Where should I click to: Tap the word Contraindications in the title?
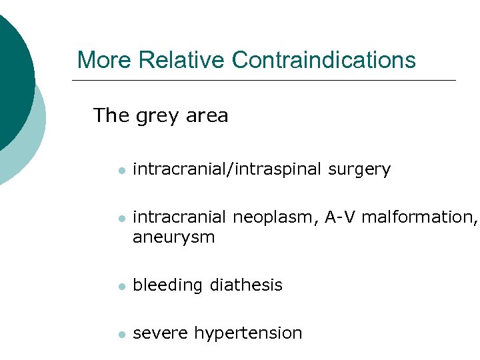click(x=324, y=60)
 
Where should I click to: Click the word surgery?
click(x=359, y=170)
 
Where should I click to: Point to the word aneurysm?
click(x=173, y=237)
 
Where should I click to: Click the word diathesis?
click(x=246, y=285)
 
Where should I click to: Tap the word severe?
click(x=161, y=333)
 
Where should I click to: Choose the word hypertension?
click(x=248, y=333)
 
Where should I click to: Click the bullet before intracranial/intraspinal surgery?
click(x=121, y=171)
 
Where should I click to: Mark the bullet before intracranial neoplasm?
click(x=121, y=218)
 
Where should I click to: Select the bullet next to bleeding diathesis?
click(x=121, y=286)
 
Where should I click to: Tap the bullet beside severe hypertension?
click(x=121, y=333)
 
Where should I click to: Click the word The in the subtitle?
click(x=111, y=115)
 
